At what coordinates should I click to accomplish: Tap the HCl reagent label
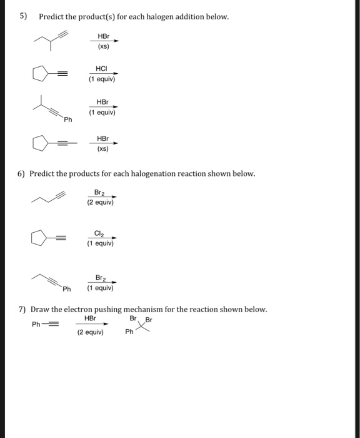coord(101,67)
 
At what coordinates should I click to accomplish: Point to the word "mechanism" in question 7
coord(144,310)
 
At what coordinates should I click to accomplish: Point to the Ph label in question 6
coord(66,289)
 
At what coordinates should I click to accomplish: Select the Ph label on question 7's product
coord(129,332)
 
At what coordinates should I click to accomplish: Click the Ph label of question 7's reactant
coord(37,323)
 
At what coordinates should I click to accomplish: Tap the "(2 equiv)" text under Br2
coord(100,202)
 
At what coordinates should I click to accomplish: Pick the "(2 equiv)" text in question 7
coord(90,332)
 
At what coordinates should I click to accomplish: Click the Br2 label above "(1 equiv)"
coord(100,277)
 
